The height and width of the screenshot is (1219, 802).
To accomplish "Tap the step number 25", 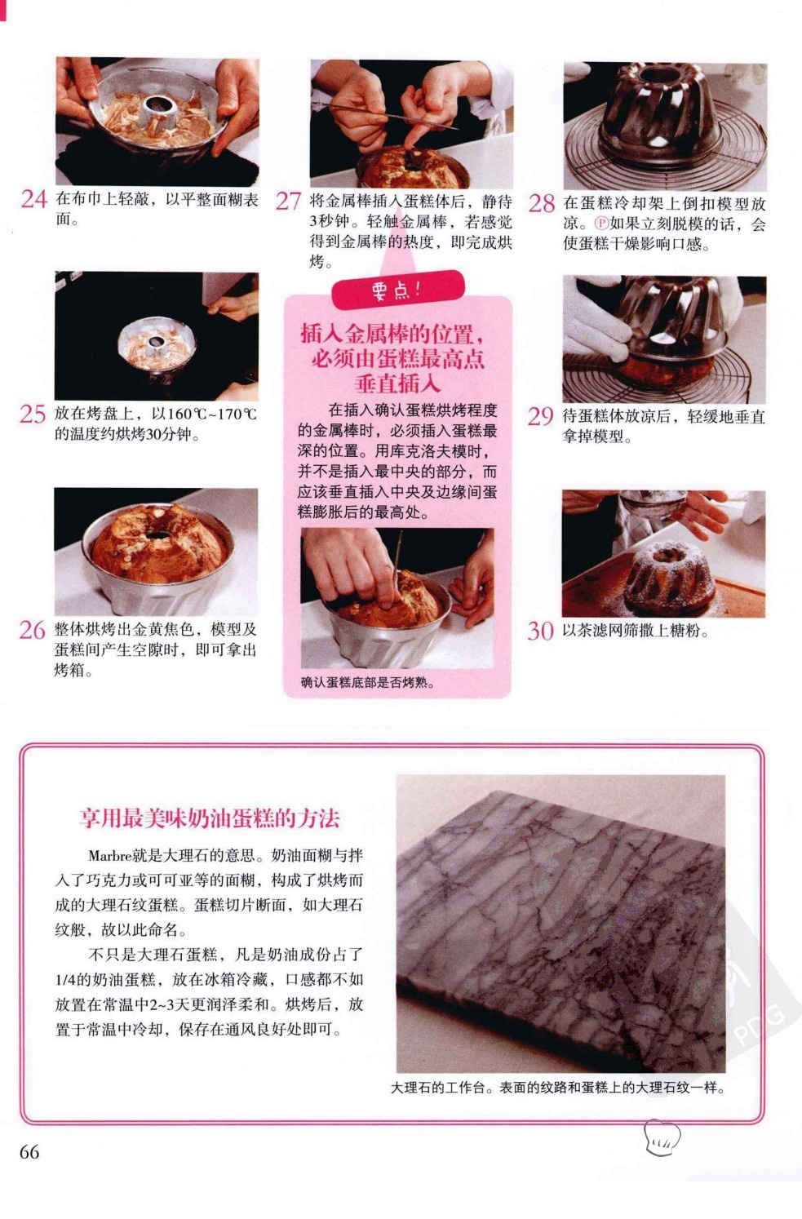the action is coord(33,414).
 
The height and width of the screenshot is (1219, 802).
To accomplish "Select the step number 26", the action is coord(32,630).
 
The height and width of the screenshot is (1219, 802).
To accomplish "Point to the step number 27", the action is coord(288,202).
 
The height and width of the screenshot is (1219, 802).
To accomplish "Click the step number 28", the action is coord(542,203).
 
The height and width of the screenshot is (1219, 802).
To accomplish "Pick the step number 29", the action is coord(541,416).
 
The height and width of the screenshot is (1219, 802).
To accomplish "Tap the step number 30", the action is coord(540,631).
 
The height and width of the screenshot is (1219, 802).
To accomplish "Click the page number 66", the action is coord(29,1152).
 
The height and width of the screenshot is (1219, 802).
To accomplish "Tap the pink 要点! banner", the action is coord(397,289).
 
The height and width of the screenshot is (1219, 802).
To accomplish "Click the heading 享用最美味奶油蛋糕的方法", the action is coord(210,818).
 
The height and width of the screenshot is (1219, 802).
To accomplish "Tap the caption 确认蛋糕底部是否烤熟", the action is coord(367,682).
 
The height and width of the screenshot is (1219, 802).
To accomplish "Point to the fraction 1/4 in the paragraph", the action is coord(64,980).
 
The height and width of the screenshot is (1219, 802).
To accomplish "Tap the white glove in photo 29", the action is coord(596,326).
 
